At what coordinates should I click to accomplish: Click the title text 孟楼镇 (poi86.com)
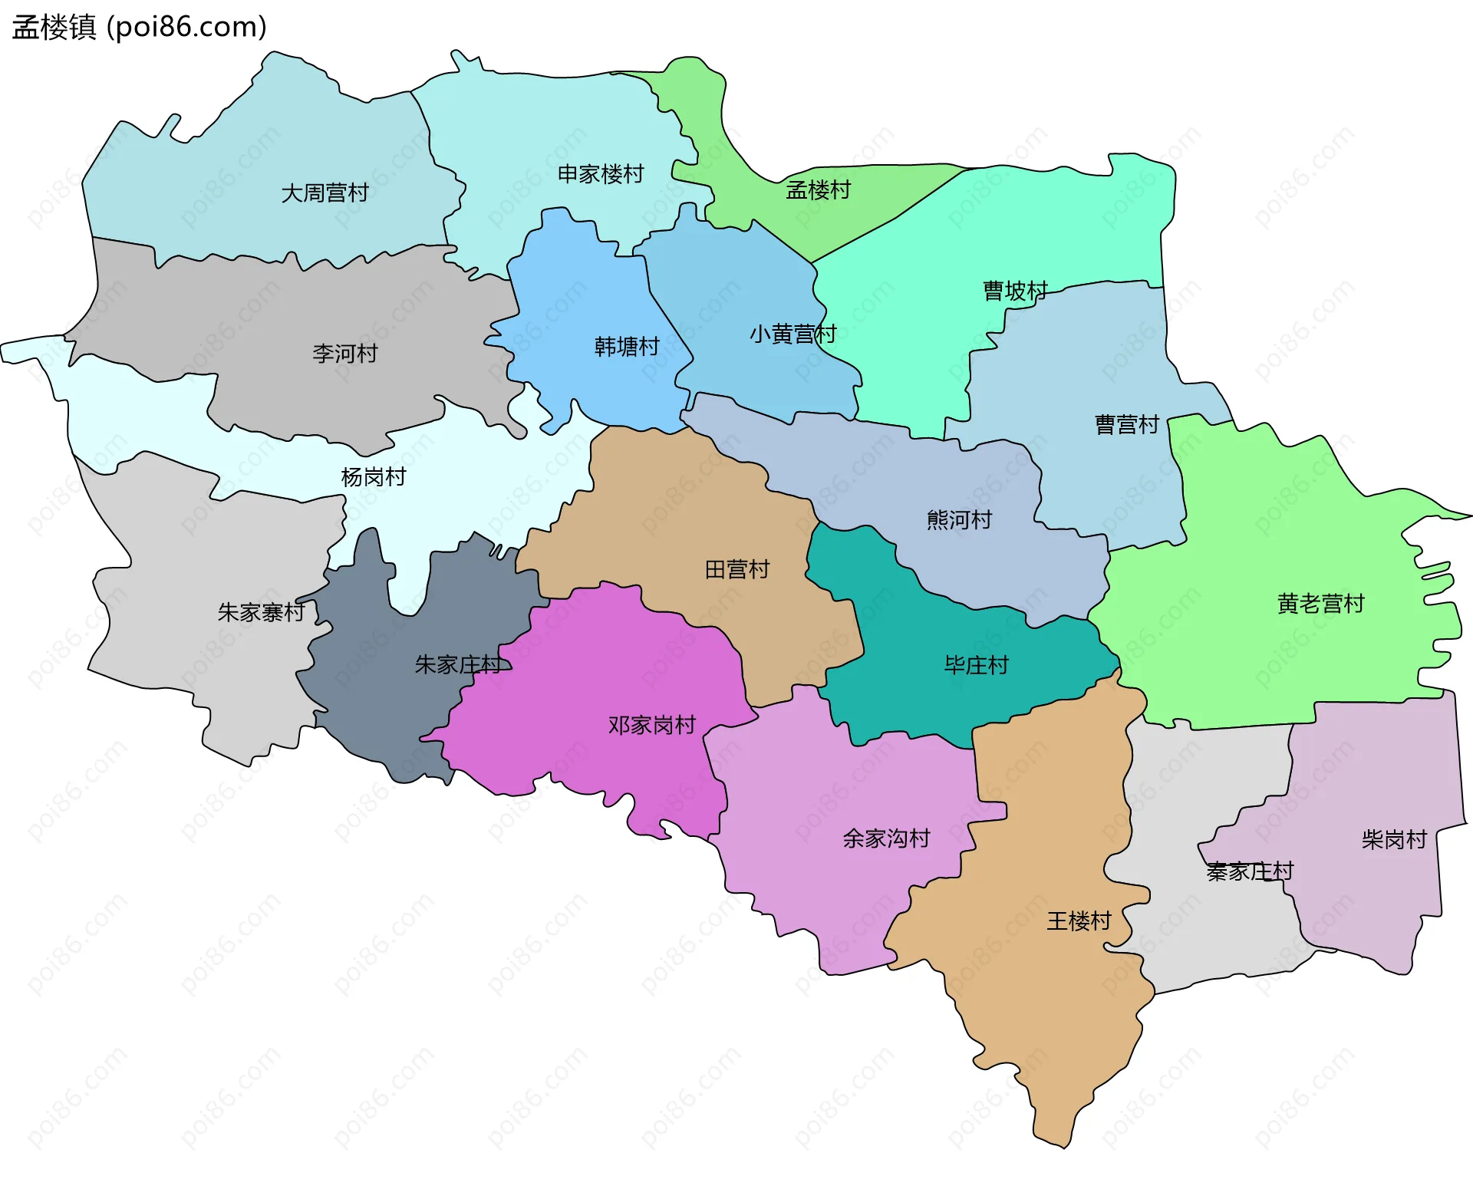tap(139, 27)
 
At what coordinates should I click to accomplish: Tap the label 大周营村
tap(325, 193)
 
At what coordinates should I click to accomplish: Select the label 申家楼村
tap(600, 174)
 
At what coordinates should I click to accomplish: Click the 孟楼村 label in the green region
tap(818, 189)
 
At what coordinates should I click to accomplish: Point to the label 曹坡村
tap(1014, 291)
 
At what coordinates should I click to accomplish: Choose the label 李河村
tap(344, 354)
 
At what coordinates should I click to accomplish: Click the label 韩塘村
tap(626, 347)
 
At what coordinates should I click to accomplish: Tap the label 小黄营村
tap(792, 334)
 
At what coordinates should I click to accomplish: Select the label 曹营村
tap(1125, 424)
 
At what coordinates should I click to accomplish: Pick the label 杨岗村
tap(373, 477)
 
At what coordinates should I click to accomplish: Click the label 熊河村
tap(958, 520)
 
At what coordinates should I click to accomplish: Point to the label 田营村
tap(736, 569)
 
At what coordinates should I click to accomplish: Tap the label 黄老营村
tap(1320, 604)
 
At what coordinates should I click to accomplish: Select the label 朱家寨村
tap(261, 612)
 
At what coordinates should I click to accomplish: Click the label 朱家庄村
tap(458, 664)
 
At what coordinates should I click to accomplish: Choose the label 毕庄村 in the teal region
tap(975, 665)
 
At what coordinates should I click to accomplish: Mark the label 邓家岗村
tap(651, 725)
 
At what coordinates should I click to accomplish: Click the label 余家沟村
tap(885, 838)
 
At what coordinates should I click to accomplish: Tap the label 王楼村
tap(1078, 921)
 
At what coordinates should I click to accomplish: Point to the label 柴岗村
tap(1393, 840)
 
